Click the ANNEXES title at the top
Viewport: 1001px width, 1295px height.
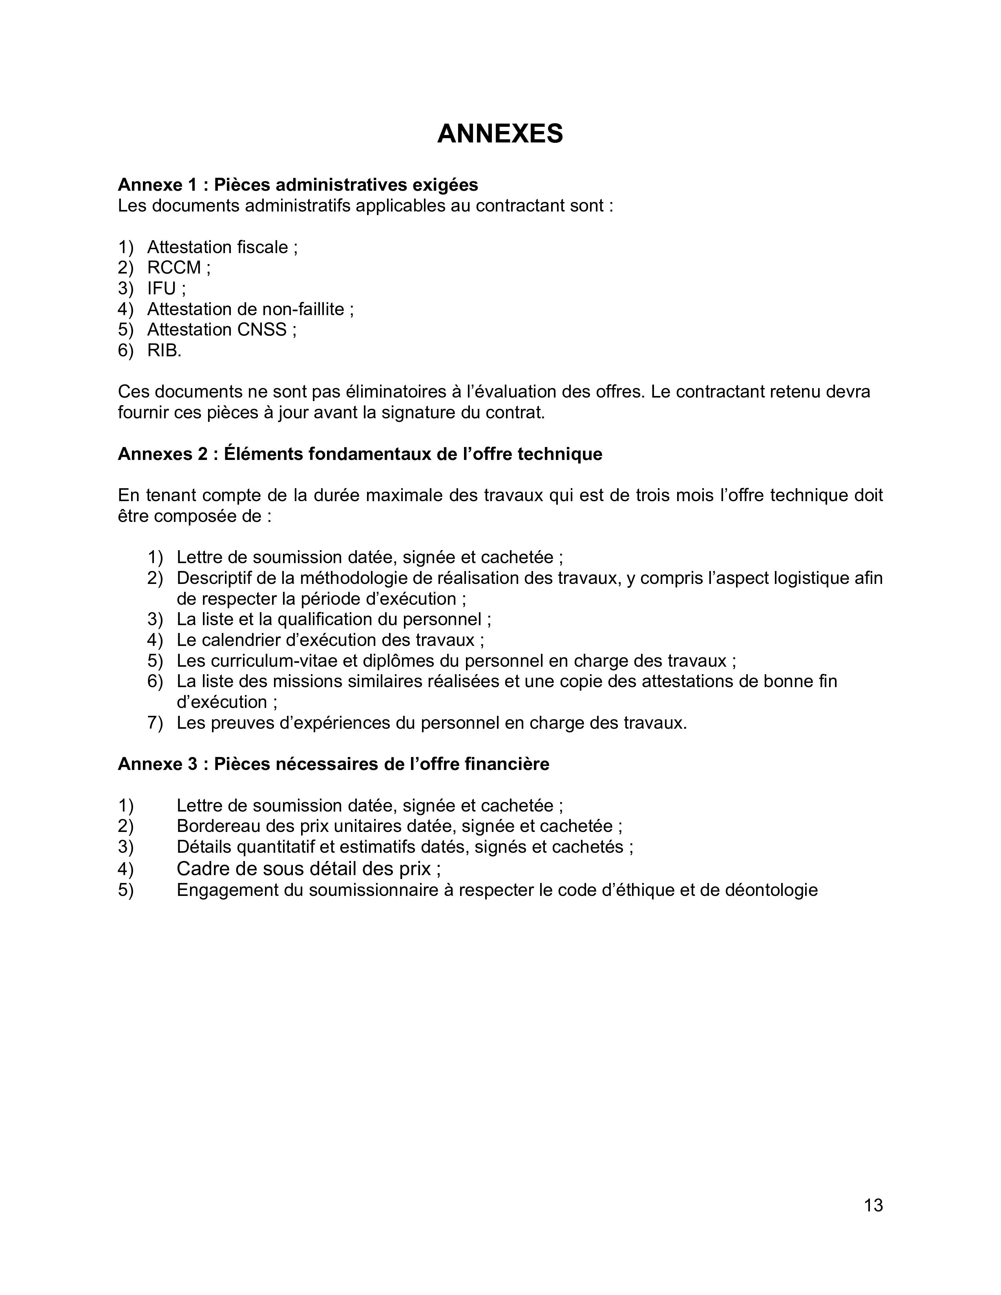(500, 134)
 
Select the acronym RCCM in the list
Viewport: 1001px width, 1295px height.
(174, 268)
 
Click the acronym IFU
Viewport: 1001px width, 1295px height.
(161, 289)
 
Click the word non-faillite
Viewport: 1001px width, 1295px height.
(303, 310)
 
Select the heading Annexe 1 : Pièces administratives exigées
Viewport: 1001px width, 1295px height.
(298, 185)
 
